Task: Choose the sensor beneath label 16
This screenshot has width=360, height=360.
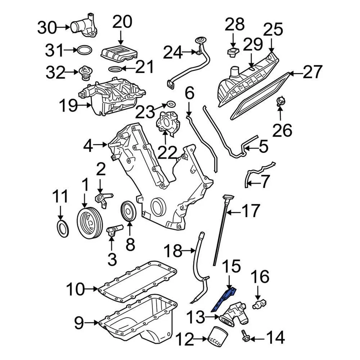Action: (x=259, y=303)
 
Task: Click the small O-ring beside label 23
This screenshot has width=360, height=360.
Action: (x=170, y=103)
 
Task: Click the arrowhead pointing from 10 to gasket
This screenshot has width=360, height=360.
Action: (x=96, y=289)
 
